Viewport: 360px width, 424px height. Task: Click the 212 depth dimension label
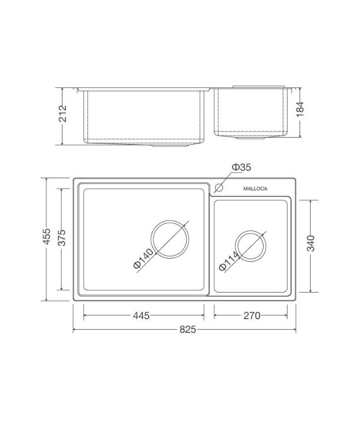[63, 114]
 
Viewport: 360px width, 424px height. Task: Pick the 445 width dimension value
[141, 316]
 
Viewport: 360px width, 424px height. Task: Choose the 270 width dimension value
[251, 316]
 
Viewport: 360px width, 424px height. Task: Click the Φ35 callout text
[240, 168]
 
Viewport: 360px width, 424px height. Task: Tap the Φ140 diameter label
[143, 260]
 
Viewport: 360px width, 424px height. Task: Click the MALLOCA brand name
[255, 188]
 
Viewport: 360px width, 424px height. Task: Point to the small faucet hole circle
[219, 187]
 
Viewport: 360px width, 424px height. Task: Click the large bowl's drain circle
[170, 240]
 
